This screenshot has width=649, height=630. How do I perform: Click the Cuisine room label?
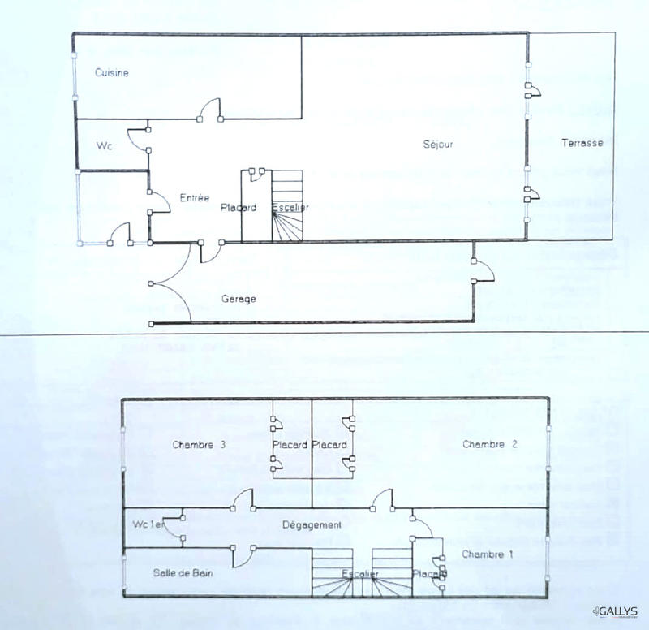[112, 73]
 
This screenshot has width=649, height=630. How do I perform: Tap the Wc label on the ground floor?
[104, 146]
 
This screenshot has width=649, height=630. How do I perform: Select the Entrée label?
[195, 197]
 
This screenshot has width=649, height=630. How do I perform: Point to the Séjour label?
[437, 145]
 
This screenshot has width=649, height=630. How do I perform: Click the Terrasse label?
[582, 144]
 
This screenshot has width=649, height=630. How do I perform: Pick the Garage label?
[239, 299]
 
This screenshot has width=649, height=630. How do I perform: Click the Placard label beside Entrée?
[239, 208]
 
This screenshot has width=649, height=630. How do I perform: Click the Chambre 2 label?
[490, 444]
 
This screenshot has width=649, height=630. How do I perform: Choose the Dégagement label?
[311, 525]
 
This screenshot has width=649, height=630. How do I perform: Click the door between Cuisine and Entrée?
[209, 109]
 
